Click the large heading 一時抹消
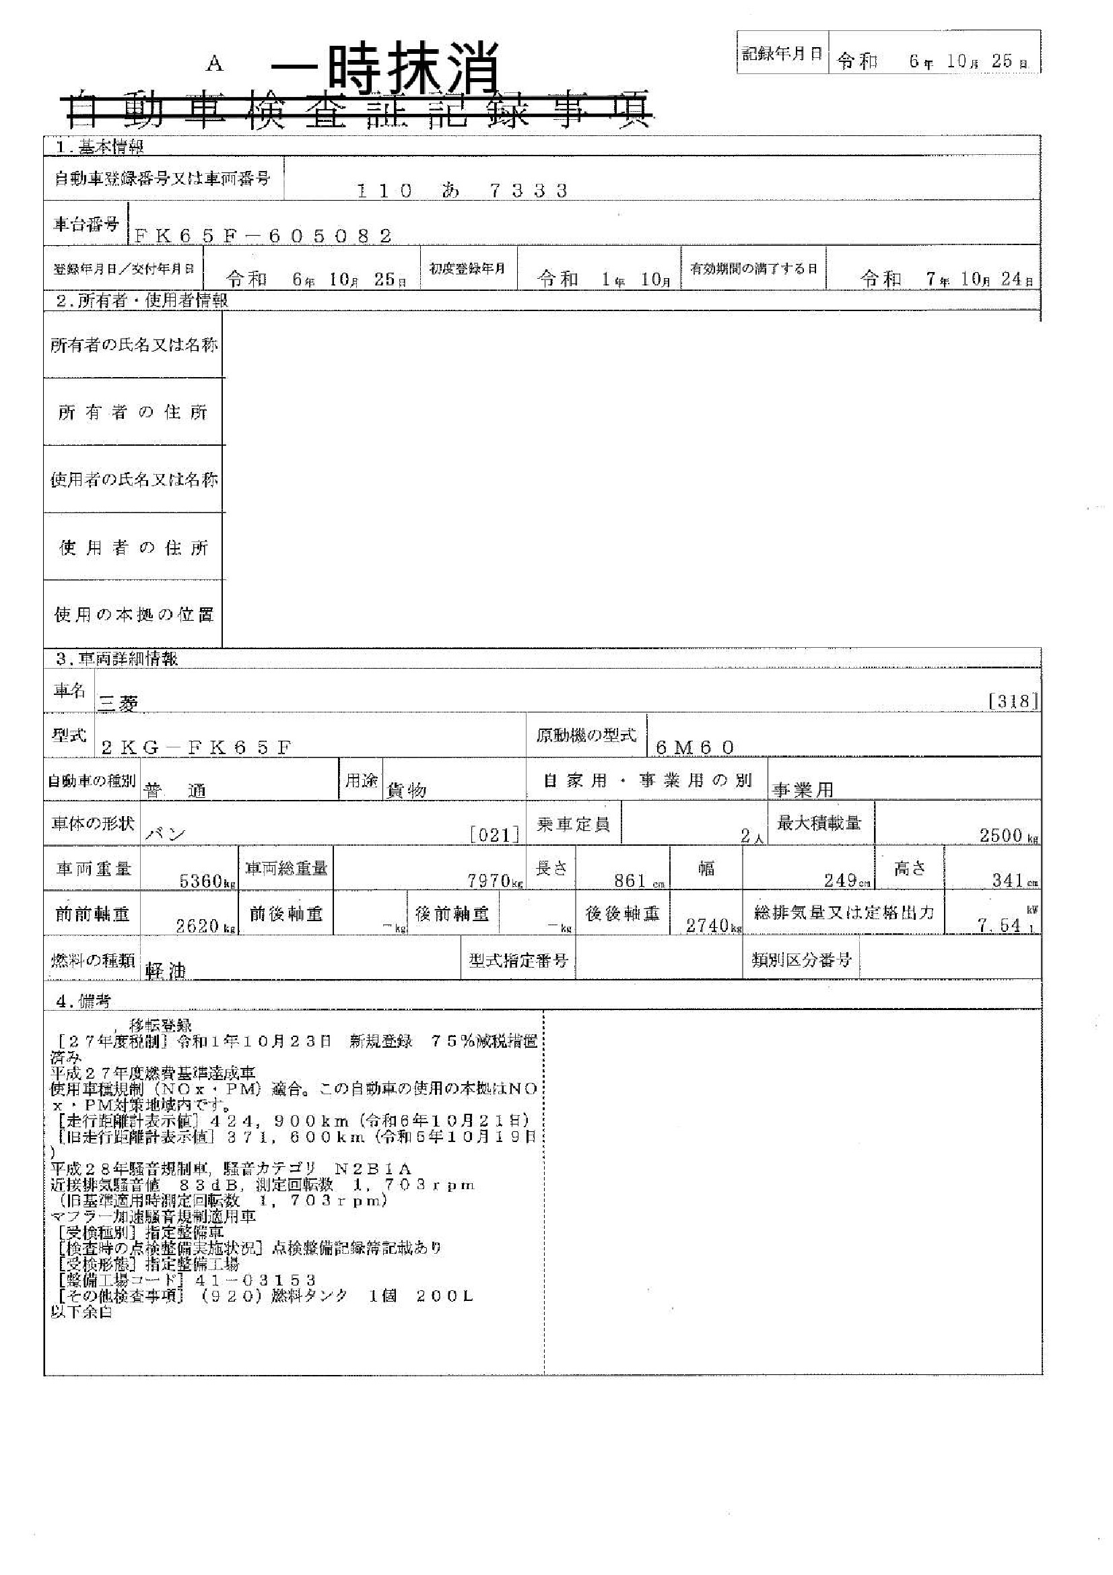click(384, 69)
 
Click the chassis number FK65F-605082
click(263, 236)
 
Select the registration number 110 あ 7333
click(463, 191)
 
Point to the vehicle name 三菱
click(119, 703)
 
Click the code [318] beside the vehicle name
click(1013, 701)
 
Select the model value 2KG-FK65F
click(196, 747)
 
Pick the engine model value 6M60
click(696, 747)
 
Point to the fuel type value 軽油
click(166, 970)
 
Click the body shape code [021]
click(494, 835)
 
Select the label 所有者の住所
click(133, 412)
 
